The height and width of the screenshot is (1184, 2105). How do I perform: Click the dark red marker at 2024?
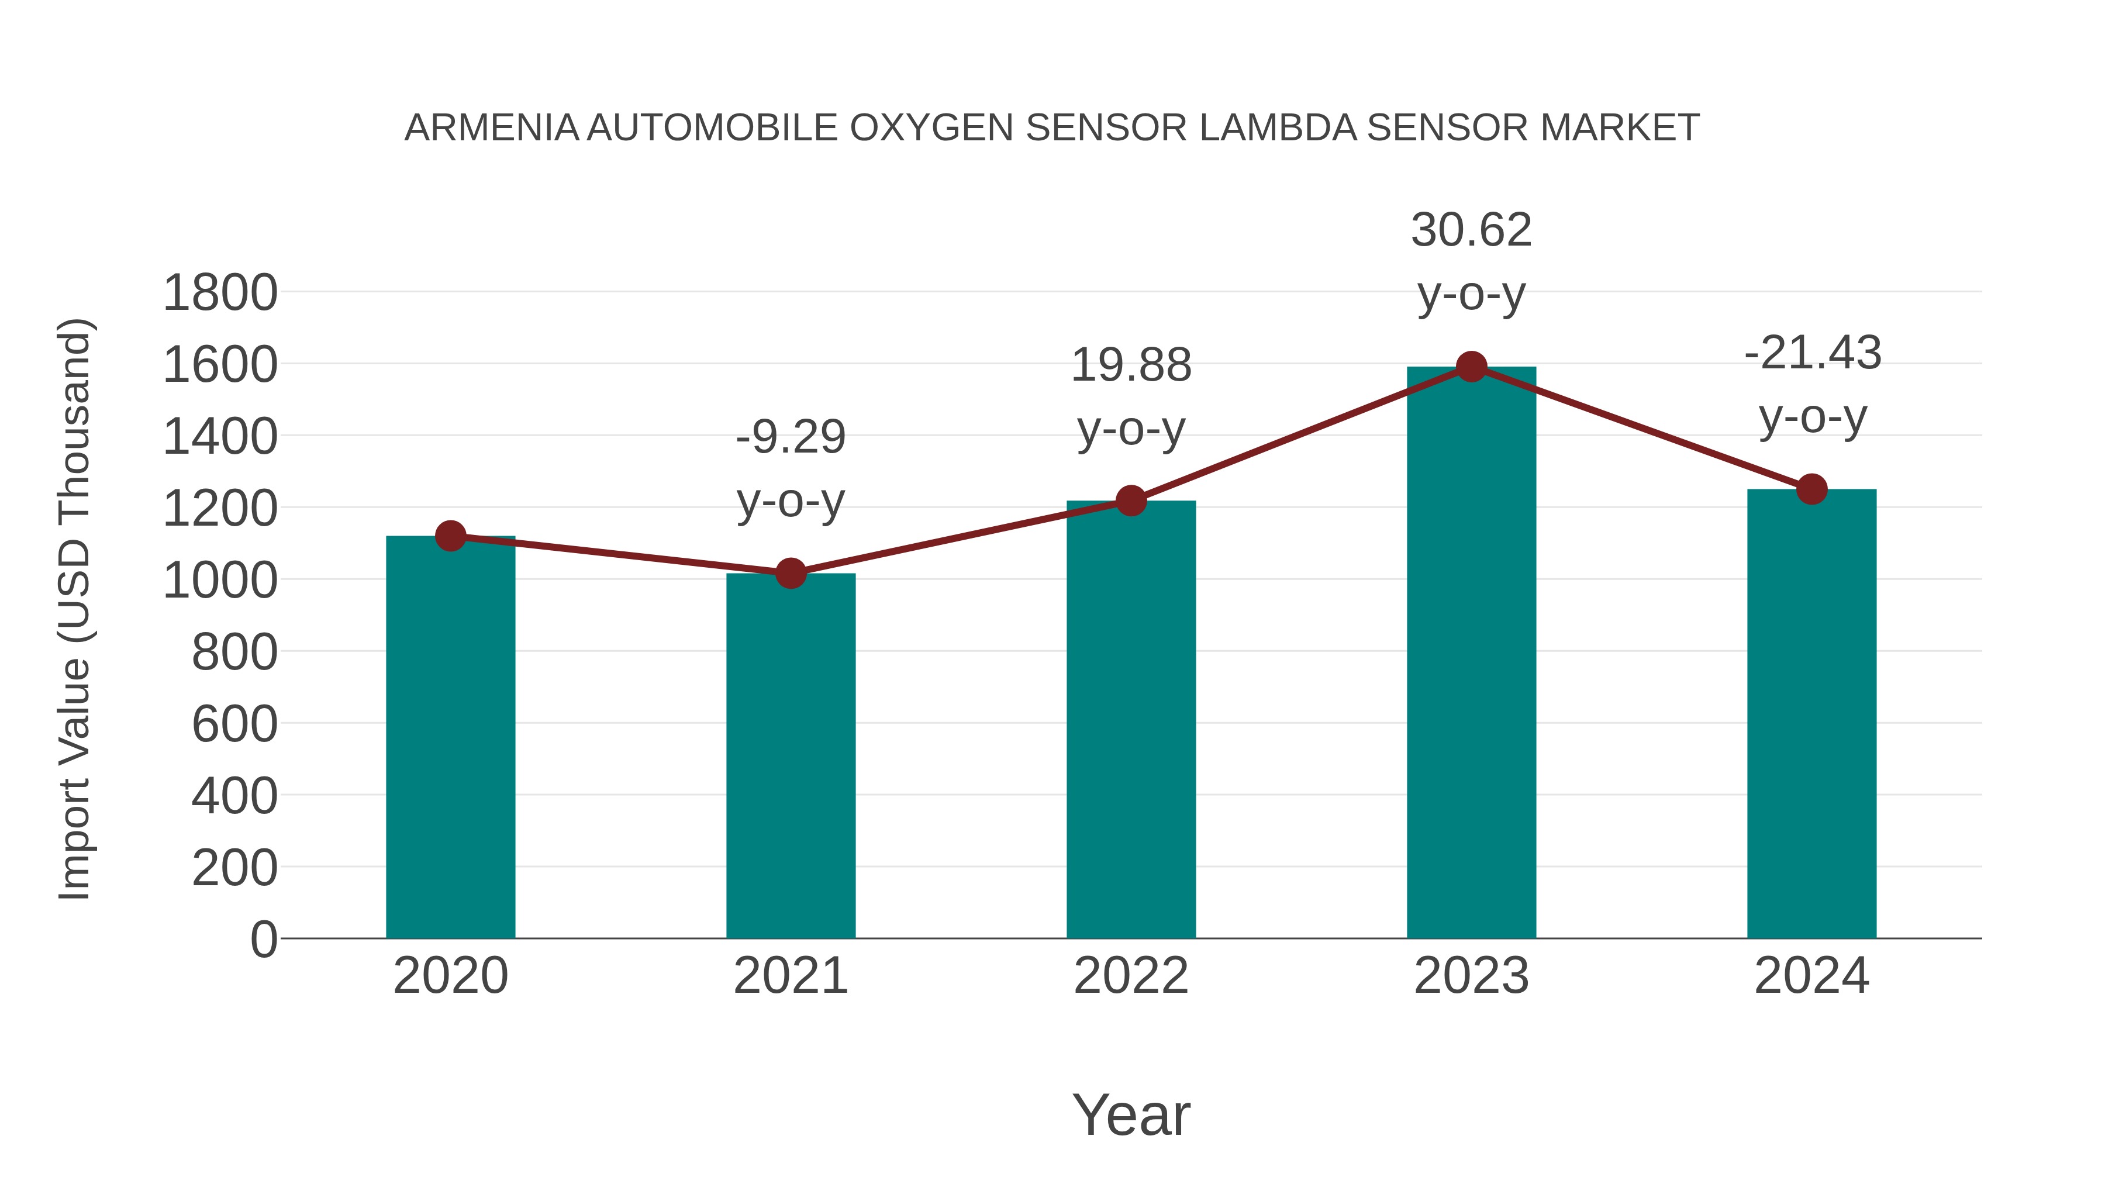point(1811,489)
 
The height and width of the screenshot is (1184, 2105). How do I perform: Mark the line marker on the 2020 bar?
point(450,536)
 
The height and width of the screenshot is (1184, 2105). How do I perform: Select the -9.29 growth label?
point(790,468)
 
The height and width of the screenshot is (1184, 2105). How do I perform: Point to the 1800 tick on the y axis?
point(220,294)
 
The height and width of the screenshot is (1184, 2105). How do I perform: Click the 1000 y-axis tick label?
point(220,581)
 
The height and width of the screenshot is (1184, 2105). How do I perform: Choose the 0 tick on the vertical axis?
point(263,940)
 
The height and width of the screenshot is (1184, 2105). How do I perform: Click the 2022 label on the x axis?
point(1131,976)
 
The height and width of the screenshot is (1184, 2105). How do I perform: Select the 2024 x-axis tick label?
point(1811,976)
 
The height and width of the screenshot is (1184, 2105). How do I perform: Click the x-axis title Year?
point(1131,1114)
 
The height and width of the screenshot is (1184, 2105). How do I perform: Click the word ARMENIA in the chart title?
point(491,128)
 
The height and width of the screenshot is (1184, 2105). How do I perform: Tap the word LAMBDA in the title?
point(1278,128)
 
